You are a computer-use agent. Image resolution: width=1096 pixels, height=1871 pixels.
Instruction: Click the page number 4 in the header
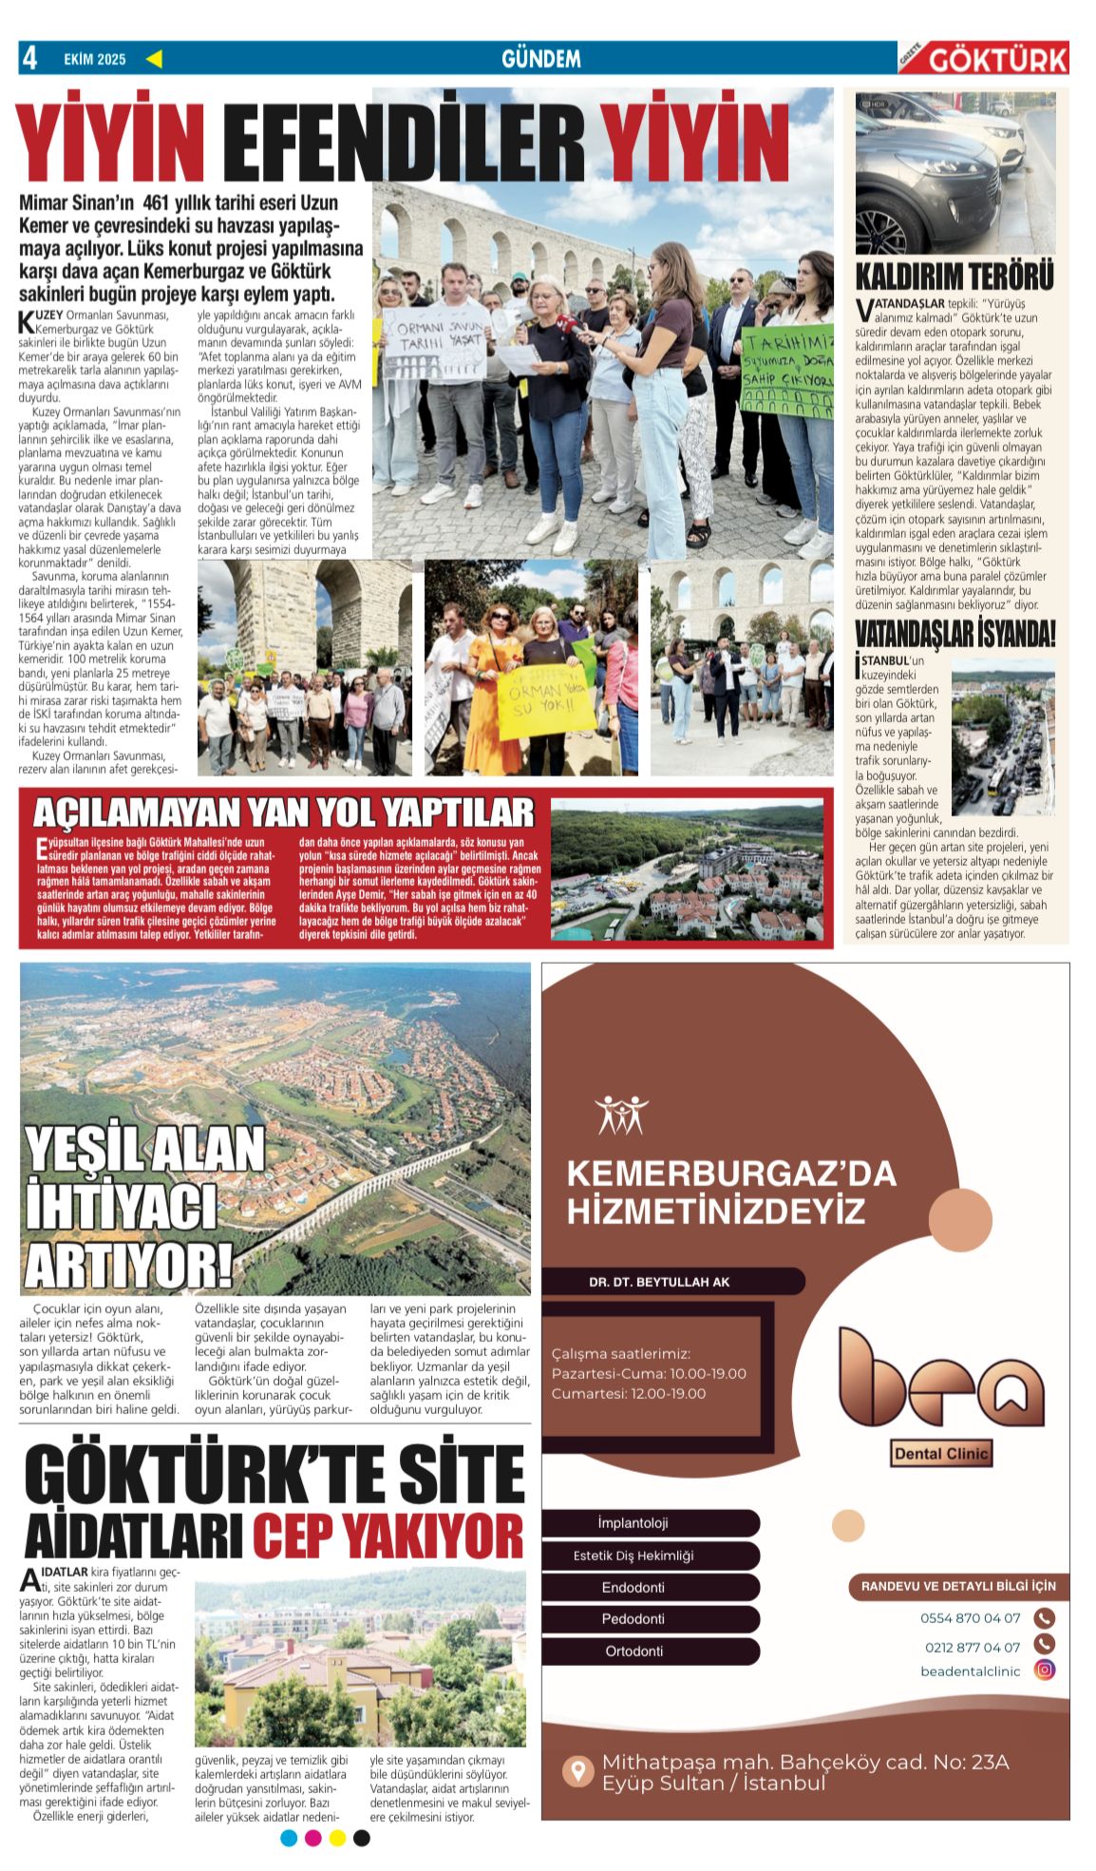coord(30,58)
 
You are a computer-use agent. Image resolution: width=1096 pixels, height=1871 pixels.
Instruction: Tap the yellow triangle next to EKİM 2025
coord(154,59)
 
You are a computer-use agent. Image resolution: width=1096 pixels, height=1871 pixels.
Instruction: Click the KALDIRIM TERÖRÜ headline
coord(954,277)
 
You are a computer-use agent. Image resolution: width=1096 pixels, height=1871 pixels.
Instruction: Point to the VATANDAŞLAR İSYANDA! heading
coord(954,633)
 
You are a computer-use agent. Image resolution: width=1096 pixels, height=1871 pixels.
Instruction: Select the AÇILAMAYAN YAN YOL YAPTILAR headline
coord(284,812)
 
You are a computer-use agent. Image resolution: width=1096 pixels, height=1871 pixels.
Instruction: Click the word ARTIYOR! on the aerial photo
coord(129,1265)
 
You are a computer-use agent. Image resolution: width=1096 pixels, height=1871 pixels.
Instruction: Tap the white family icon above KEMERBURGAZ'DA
coord(621,1115)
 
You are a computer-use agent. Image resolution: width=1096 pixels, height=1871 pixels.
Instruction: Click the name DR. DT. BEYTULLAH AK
coord(659,1282)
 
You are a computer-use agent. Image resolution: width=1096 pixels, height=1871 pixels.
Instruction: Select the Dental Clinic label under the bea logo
coord(941,1453)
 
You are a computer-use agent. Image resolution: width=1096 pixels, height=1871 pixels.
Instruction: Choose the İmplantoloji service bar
coord(633,1523)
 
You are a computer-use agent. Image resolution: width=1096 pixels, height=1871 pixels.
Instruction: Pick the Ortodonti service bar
coord(633,1651)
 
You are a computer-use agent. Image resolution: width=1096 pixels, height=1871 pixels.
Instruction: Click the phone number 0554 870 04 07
coord(970,1618)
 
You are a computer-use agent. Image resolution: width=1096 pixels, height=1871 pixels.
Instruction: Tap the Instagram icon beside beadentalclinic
coord(1045,1670)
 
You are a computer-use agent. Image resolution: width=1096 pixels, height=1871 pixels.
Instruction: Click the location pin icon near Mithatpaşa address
coord(576,1770)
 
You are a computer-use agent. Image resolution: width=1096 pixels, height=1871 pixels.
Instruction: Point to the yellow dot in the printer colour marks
coord(337,1838)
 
